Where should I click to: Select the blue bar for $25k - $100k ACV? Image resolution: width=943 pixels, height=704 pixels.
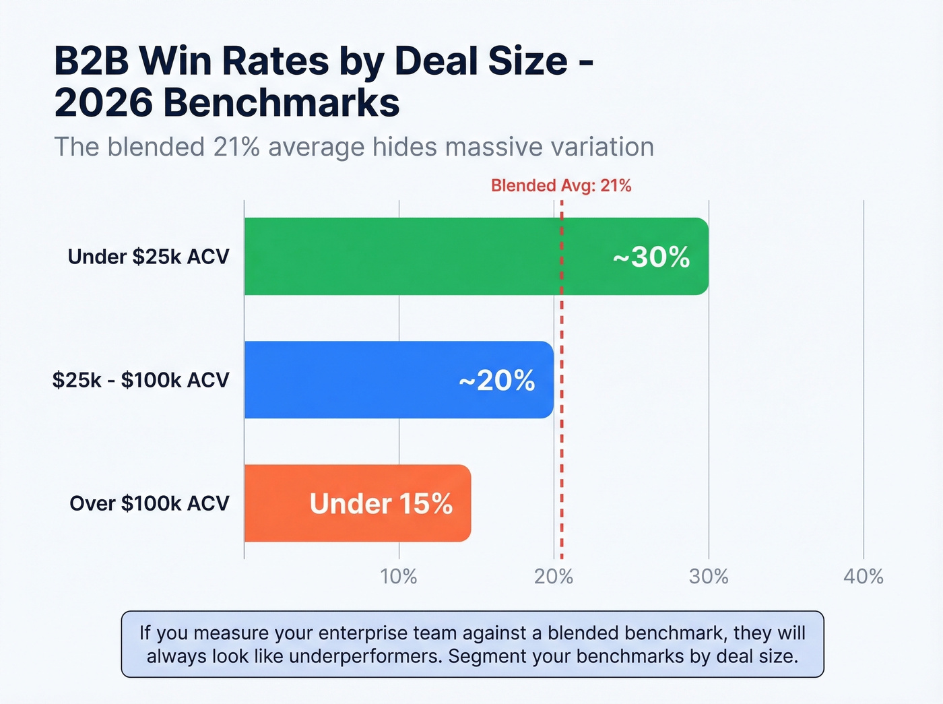point(350,380)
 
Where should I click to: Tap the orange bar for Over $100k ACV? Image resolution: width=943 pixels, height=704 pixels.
point(276,503)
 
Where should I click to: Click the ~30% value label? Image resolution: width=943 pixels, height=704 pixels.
point(651,257)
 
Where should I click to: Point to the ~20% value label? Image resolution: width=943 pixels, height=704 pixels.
point(497,381)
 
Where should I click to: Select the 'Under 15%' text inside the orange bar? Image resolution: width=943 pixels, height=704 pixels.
point(381,504)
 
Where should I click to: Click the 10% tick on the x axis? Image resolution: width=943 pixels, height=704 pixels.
point(399,577)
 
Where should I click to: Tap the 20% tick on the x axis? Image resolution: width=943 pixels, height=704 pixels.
point(554,577)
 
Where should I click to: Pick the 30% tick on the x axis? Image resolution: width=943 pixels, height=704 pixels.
point(709,577)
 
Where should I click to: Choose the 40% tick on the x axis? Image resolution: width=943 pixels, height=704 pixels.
point(864,577)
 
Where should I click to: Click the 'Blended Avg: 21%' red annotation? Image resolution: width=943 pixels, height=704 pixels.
point(561,186)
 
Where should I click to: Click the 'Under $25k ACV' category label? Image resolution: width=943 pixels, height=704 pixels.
point(149,257)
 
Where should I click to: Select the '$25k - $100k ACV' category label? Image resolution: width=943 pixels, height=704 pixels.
point(141,380)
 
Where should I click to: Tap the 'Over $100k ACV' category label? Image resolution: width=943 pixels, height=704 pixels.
point(150,503)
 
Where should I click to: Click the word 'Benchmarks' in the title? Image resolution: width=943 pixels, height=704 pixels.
point(282,103)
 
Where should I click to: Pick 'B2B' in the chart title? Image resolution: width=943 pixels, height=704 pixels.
point(92,61)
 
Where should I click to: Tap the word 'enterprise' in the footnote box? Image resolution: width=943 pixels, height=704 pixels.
point(362,633)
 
